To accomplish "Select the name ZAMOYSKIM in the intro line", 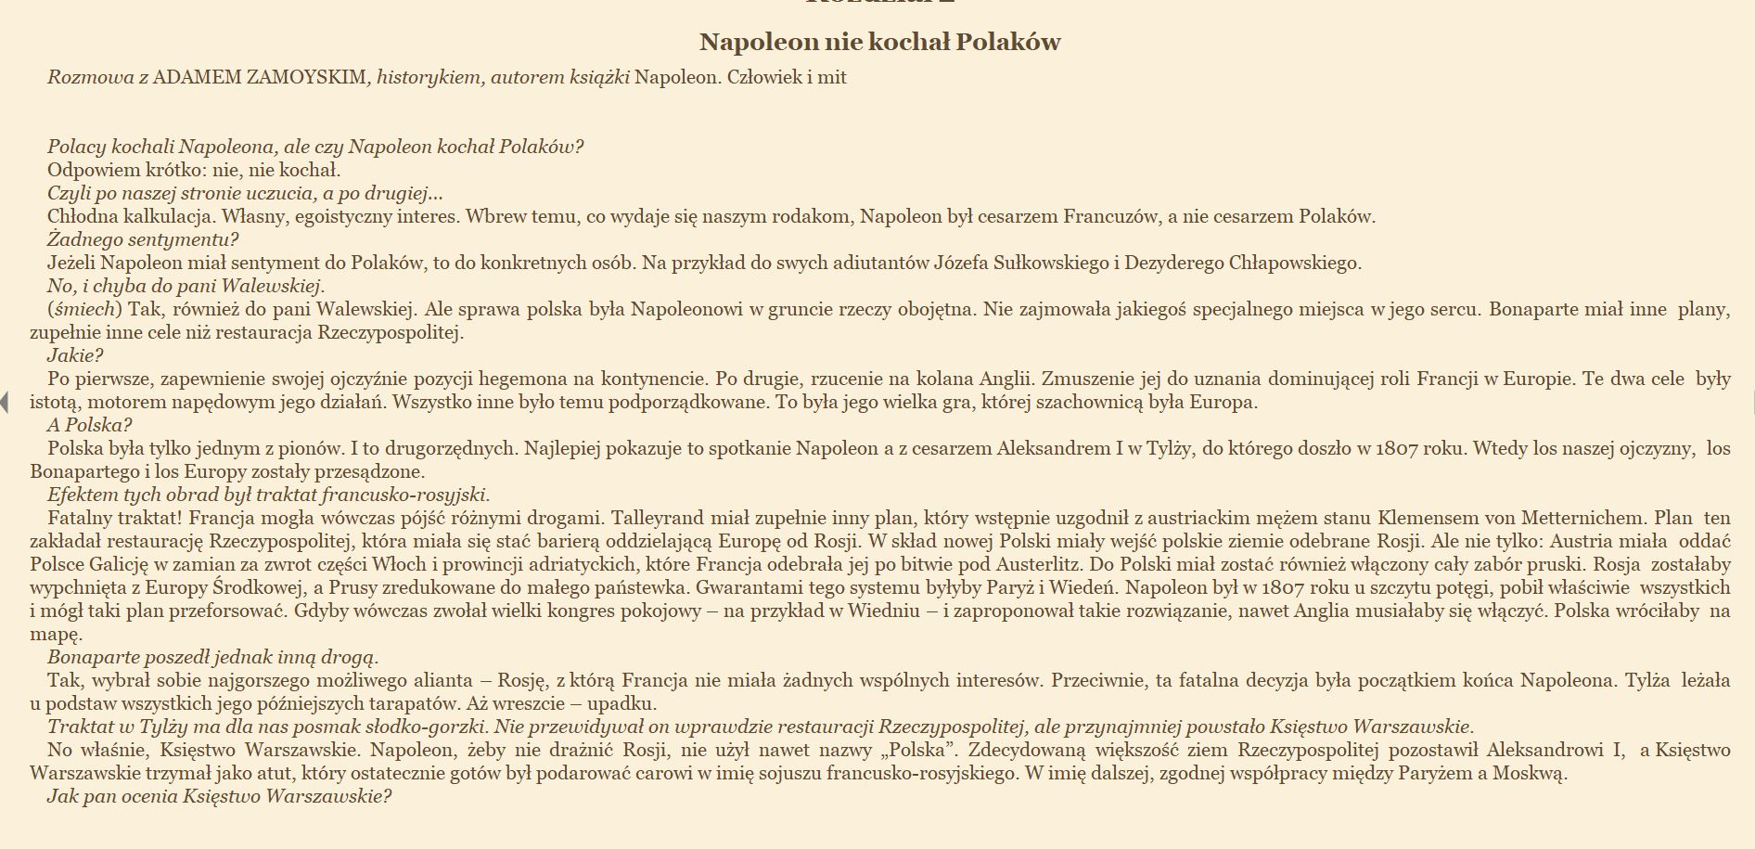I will click(306, 77).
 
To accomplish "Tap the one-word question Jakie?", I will click(75, 355).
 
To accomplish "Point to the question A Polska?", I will click(89, 425).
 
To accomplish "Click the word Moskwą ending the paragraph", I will click(1530, 773).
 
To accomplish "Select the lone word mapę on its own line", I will click(56, 634).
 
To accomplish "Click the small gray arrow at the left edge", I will click(5, 402).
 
